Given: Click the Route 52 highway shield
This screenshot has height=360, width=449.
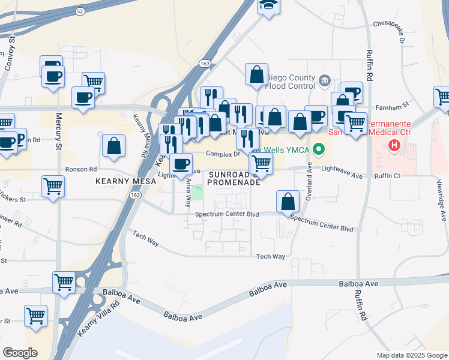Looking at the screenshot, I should point(80,11).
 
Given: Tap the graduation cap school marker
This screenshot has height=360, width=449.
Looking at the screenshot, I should point(265,5).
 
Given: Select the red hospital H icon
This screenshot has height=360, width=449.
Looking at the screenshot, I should point(394,145).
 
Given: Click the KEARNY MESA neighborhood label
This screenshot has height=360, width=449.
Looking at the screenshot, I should point(121,179).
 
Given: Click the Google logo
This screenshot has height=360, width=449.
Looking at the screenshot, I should point(20,353).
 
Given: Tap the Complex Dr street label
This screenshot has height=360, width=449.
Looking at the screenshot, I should point(223,154).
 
